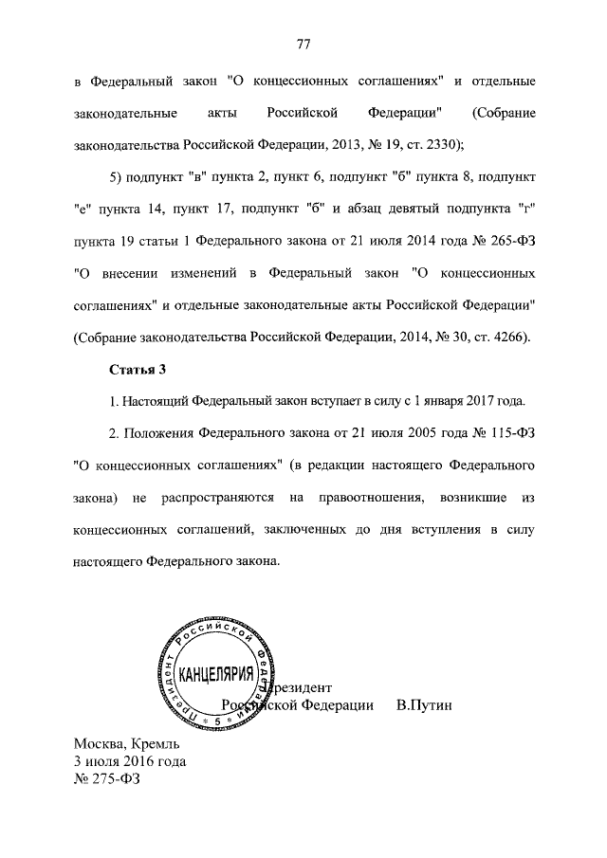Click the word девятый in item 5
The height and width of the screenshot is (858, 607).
point(415,210)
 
